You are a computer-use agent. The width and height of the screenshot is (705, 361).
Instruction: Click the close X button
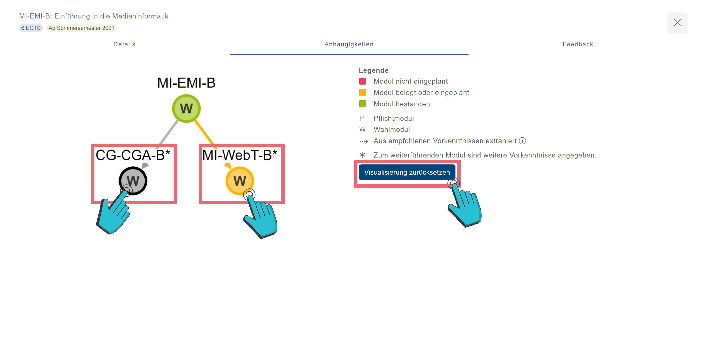pyautogui.click(x=677, y=23)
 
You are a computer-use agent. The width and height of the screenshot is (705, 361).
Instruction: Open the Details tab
pyautogui.click(x=124, y=44)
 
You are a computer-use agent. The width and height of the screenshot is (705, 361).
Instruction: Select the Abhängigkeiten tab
pyautogui.click(x=349, y=44)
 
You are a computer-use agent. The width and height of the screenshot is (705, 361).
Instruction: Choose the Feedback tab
pyautogui.click(x=578, y=44)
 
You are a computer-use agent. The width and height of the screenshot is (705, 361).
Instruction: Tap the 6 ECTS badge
pyautogui.click(x=31, y=28)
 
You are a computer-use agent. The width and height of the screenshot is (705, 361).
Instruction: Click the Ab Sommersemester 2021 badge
pyautogui.click(x=81, y=28)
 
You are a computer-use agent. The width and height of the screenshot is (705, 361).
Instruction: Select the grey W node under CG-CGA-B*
pyautogui.click(x=133, y=181)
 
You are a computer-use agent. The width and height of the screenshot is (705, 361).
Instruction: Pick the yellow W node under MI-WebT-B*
pyautogui.click(x=240, y=181)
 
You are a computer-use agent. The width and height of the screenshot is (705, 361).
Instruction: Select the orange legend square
pyautogui.click(x=363, y=93)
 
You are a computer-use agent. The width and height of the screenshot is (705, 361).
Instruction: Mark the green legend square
pyautogui.click(x=363, y=104)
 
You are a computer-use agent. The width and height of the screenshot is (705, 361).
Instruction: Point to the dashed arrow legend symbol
pyautogui.click(x=363, y=141)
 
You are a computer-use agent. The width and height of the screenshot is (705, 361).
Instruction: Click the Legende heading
pyautogui.click(x=374, y=70)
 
